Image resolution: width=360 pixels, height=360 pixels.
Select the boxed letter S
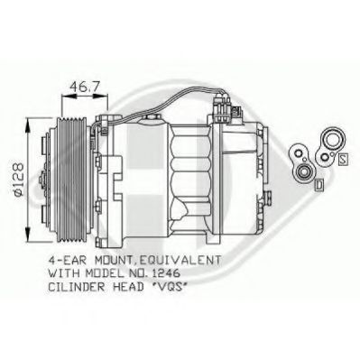344,159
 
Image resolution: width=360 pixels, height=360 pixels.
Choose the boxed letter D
319,186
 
